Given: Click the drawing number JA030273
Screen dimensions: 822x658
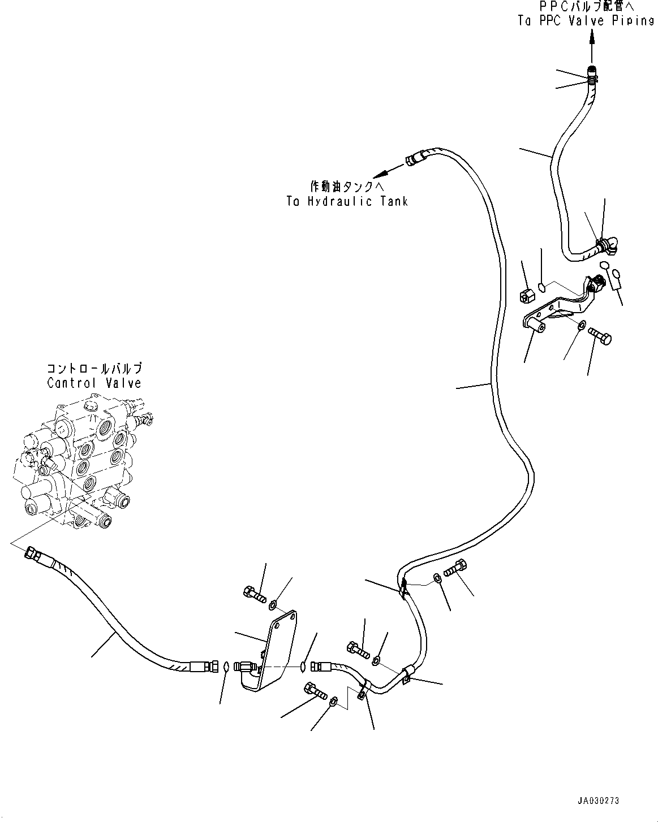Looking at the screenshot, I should pyautogui.click(x=599, y=801).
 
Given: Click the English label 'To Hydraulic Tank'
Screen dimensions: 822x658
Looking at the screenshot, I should pyautogui.click(x=347, y=201).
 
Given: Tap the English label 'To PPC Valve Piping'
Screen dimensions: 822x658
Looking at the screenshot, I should pyautogui.click(x=586, y=20).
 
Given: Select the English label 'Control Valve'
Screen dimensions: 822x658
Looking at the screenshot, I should pyautogui.click(x=94, y=383).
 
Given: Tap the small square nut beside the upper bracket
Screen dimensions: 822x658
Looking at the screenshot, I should pyautogui.click(x=526, y=294).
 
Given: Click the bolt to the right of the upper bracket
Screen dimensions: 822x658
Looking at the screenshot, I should pyautogui.click(x=600, y=336).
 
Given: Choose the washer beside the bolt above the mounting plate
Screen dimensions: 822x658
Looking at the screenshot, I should pyautogui.click(x=272, y=605).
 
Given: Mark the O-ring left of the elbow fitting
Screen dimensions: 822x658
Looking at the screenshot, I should pyautogui.click(x=226, y=667).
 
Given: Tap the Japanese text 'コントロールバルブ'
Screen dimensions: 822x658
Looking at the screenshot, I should pyautogui.click(x=94, y=369).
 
